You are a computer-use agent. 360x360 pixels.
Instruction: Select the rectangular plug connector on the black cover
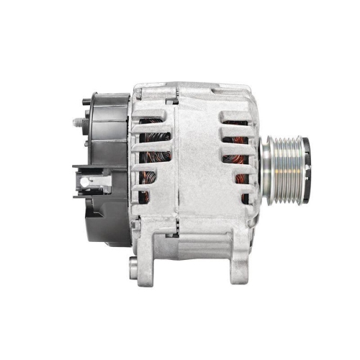coord(89,179)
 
